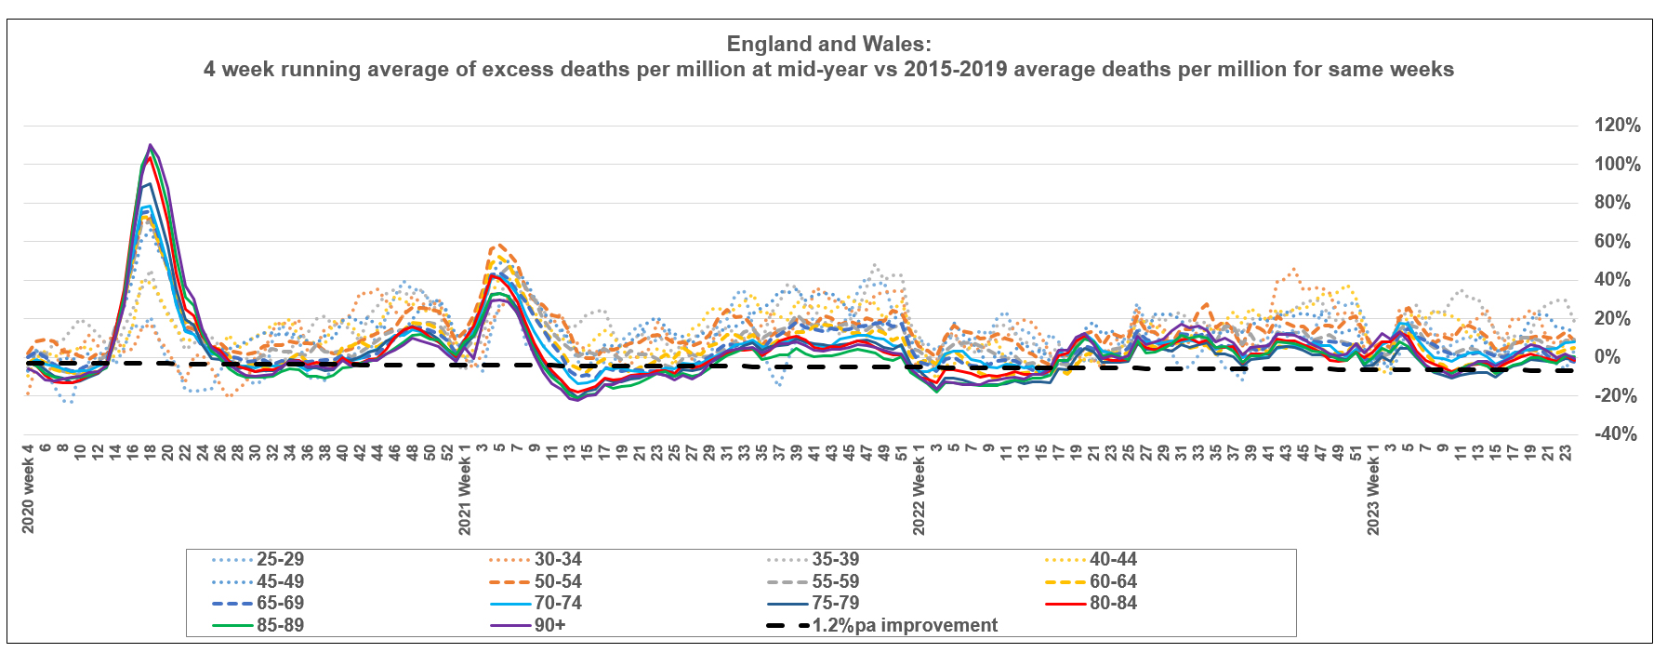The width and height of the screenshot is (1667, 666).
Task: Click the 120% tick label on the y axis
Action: click(1617, 126)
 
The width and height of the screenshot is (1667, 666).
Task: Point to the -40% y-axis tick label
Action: click(1615, 434)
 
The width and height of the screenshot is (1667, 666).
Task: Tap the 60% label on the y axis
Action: click(1611, 242)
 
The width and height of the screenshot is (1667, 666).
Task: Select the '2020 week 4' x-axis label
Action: click(28, 489)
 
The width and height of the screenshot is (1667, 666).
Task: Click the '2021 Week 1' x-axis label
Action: click(465, 495)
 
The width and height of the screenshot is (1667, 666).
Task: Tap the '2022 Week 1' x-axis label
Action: click(919, 495)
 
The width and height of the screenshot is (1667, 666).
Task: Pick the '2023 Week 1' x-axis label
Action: click(1373, 495)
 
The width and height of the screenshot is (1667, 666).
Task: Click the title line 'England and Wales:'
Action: click(828, 44)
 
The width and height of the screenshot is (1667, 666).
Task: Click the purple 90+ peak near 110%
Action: click(150, 145)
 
